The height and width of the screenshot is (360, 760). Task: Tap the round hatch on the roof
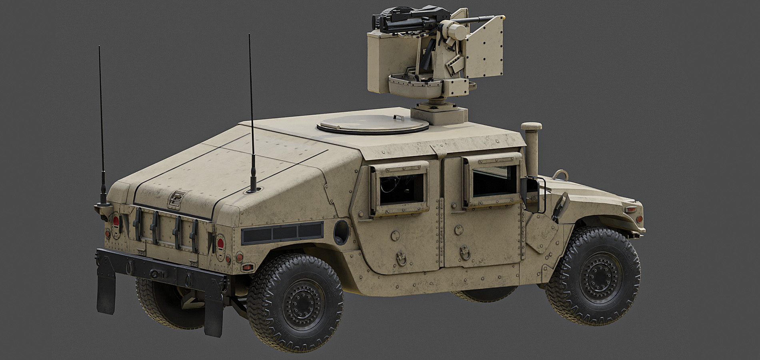point(370,125)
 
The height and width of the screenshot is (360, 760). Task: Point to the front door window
point(492,182)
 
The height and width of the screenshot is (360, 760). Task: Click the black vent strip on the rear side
point(282,233)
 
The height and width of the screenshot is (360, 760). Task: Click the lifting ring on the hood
point(560,175)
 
